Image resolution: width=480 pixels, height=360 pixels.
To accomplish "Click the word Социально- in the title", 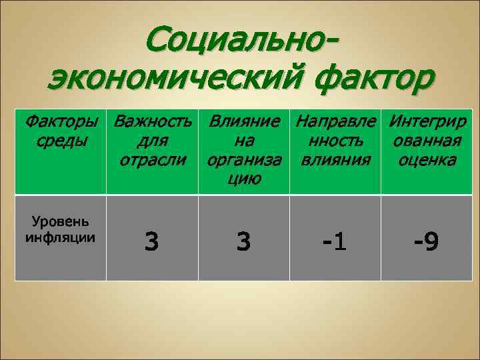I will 241,42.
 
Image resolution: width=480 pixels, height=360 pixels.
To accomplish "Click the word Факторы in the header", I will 61,123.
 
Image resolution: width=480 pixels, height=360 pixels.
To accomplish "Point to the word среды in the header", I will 60,141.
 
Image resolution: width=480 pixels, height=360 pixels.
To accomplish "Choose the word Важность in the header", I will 153,123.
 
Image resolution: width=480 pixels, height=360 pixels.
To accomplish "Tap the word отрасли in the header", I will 153,160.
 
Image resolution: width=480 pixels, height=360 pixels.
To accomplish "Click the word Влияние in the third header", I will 244,123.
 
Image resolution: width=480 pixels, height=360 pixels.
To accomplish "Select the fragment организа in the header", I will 244,160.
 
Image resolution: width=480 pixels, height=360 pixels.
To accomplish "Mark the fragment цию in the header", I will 244,178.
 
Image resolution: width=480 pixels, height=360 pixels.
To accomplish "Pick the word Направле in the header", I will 336,123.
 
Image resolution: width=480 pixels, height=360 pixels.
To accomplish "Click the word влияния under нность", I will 335,160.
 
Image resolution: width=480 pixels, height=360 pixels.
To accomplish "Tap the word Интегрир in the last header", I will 427,123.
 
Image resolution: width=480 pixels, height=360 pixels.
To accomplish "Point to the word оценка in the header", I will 427,160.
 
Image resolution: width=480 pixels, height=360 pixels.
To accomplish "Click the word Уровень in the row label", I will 60,223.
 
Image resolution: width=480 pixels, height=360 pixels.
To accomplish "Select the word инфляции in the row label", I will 60,237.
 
